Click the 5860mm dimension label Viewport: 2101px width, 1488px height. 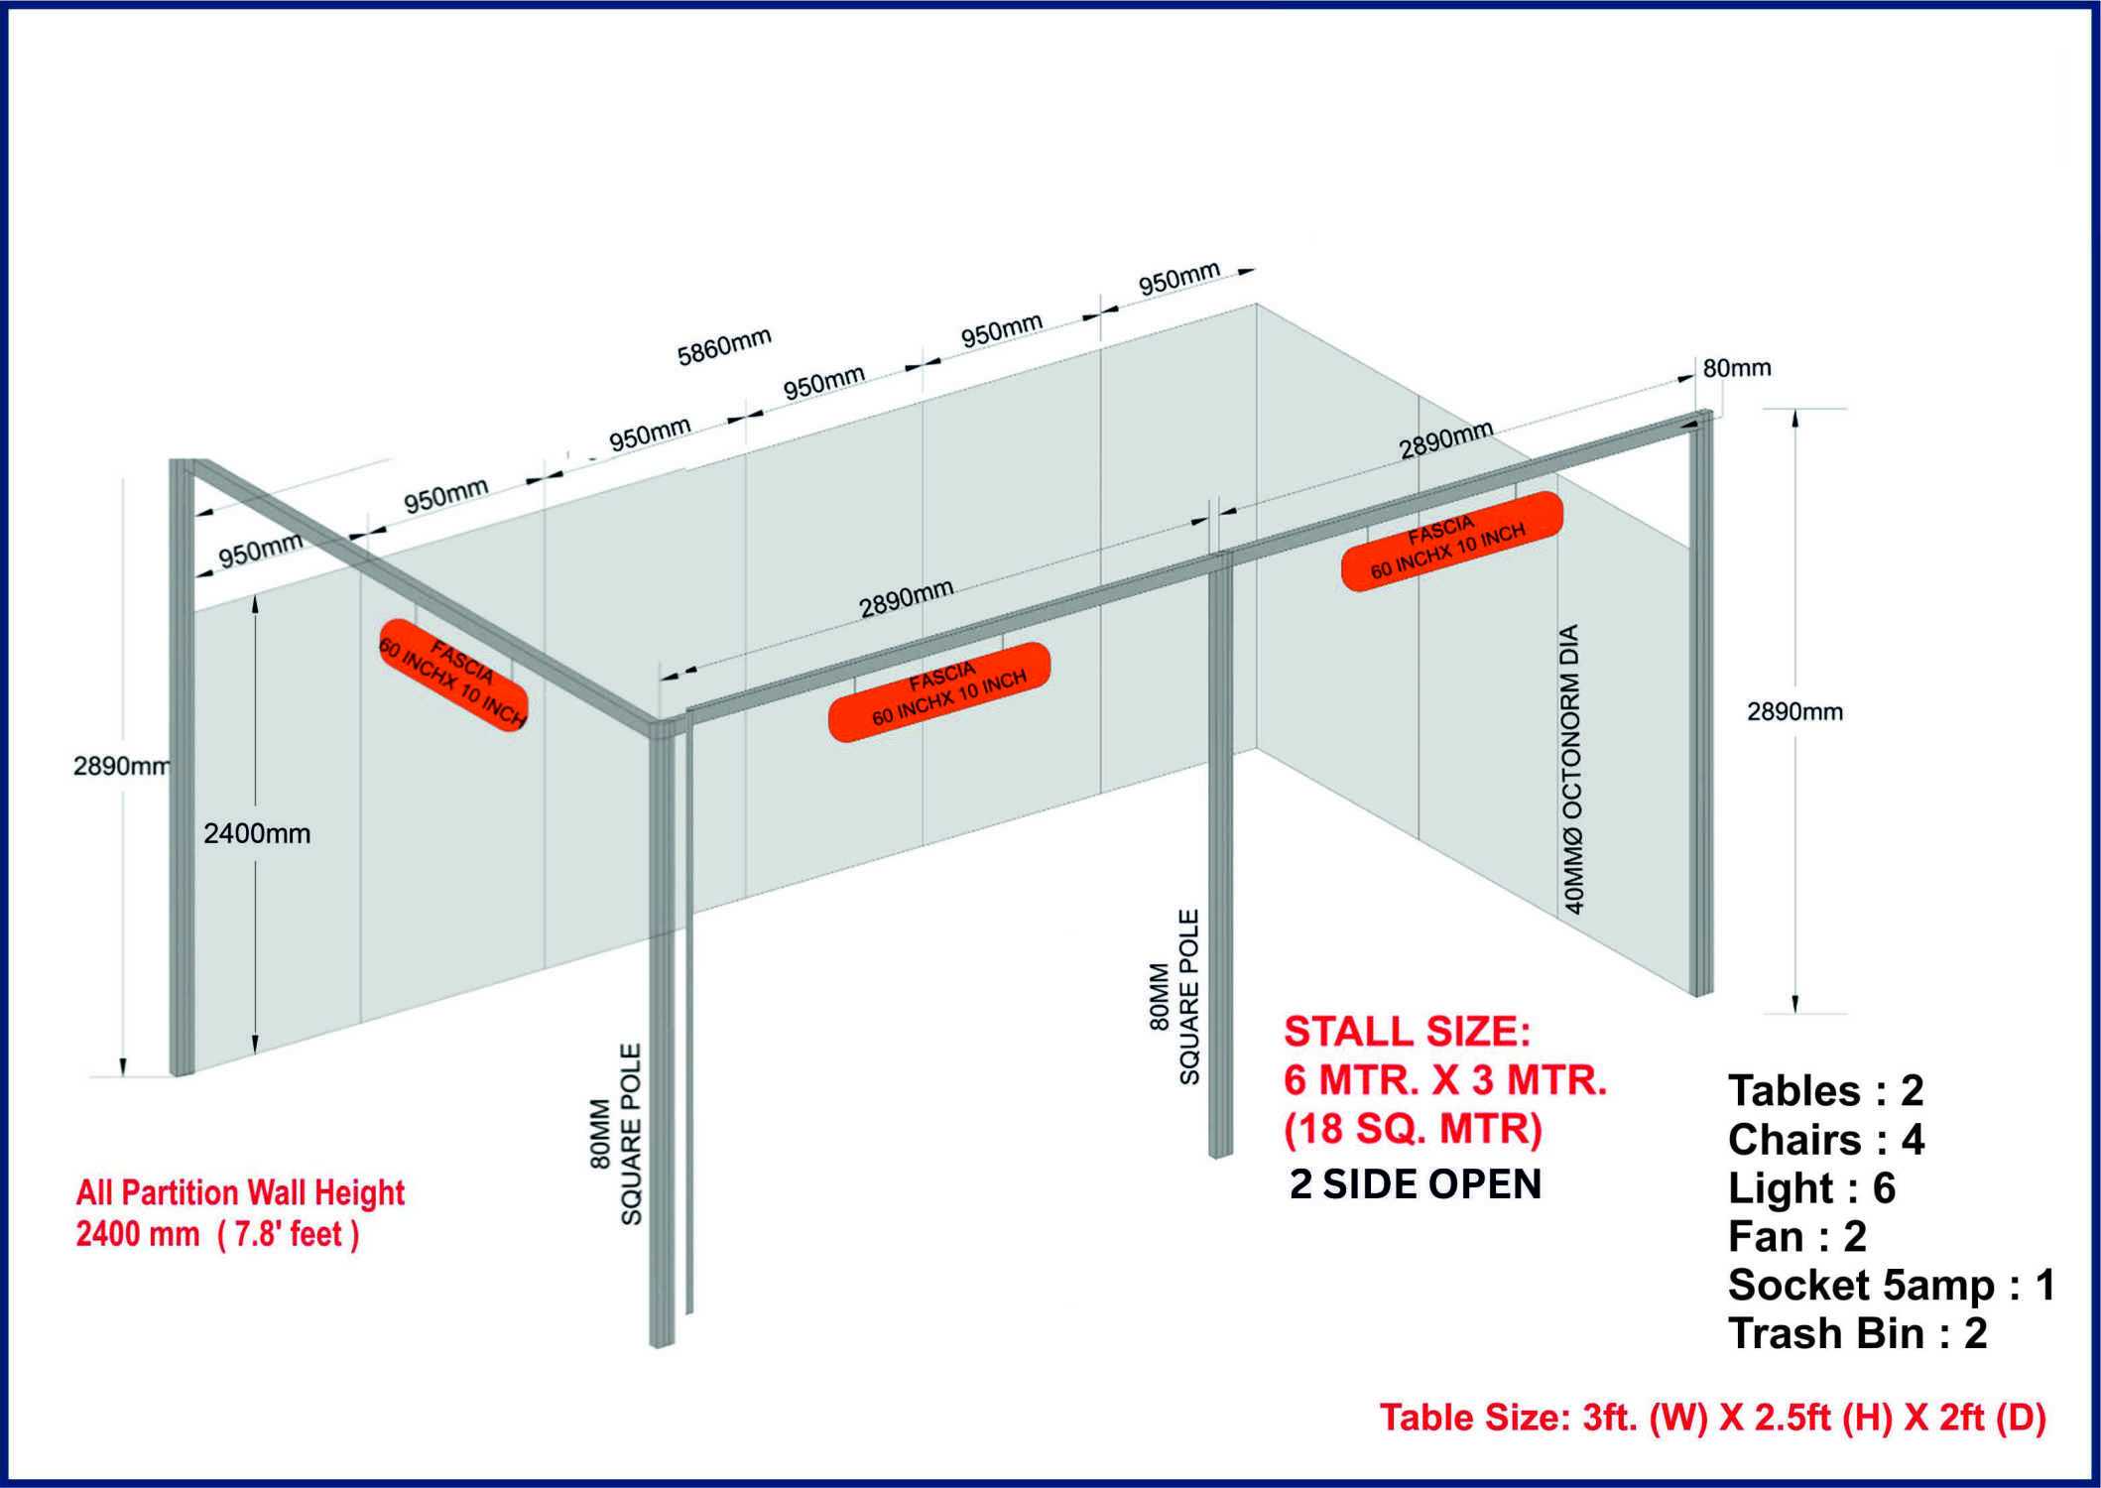(x=724, y=346)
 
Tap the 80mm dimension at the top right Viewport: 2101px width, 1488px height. (x=1737, y=368)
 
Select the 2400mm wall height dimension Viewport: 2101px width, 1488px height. (x=257, y=834)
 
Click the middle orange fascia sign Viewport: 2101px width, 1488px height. (x=939, y=691)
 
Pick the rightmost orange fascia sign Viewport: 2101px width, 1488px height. (x=1452, y=542)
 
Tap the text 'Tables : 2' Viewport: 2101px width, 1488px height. (x=1826, y=1091)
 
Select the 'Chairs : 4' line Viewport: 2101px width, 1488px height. (x=1826, y=1140)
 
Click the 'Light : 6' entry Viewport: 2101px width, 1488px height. (x=1811, y=1188)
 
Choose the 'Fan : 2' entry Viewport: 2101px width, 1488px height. (x=1797, y=1237)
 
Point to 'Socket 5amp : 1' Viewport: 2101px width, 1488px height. (x=1892, y=1286)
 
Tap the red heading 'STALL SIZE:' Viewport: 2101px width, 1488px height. (x=1408, y=1032)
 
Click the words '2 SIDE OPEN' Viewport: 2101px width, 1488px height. (x=1416, y=1184)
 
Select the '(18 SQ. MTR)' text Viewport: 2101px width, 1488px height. (x=1414, y=1129)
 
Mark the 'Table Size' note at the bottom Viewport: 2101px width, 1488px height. (x=1713, y=1418)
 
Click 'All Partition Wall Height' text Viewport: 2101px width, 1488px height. (x=241, y=1192)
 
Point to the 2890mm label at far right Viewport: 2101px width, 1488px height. (x=1794, y=712)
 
